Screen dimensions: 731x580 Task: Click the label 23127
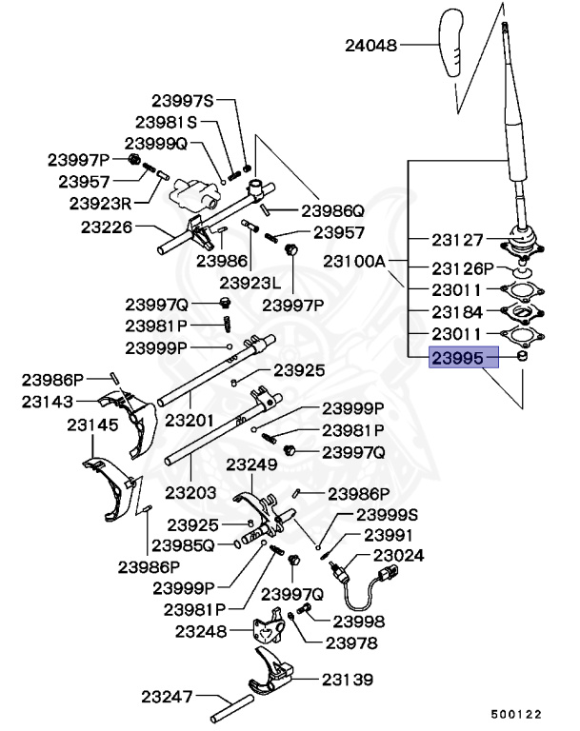click(x=457, y=241)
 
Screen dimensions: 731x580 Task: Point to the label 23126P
click(x=464, y=268)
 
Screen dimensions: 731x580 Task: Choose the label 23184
click(x=457, y=311)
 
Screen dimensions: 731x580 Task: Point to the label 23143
click(x=48, y=403)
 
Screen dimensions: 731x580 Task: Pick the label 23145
click(x=92, y=425)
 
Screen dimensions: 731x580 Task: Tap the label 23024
click(x=399, y=555)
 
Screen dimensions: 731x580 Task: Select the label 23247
click(x=168, y=696)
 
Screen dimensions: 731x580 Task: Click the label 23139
click(x=347, y=679)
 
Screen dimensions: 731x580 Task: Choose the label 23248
click(x=199, y=630)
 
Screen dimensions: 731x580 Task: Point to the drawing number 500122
click(x=516, y=712)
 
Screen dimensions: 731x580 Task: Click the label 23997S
click(x=183, y=100)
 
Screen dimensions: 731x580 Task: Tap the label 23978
click(x=351, y=643)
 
